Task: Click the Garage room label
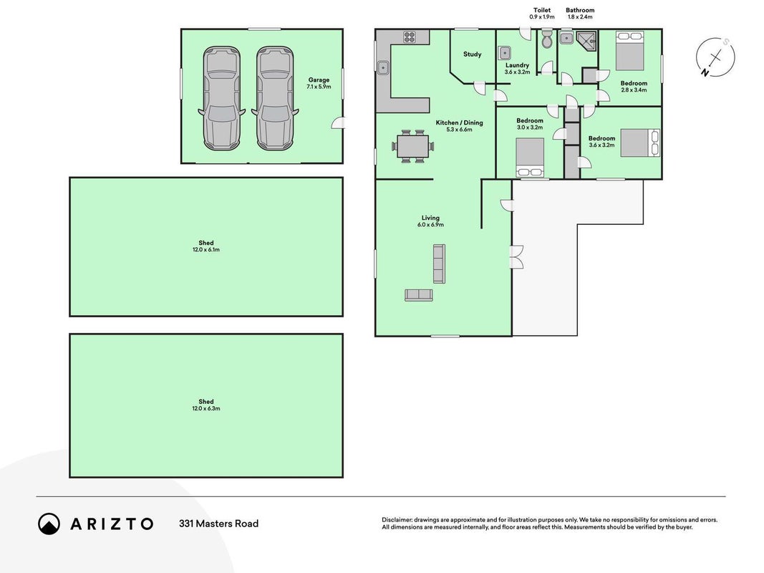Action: click(x=319, y=80)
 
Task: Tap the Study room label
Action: click(x=472, y=54)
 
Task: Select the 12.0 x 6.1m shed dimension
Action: click(x=206, y=249)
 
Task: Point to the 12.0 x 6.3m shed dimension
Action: click(x=206, y=408)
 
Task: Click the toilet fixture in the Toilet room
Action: click(x=547, y=39)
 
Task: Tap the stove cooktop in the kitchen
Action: click(x=410, y=37)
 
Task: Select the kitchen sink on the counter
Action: click(x=383, y=67)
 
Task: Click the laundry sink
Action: click(x=504, y=52)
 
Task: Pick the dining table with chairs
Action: click(x=412, y=146)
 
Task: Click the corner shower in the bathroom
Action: click(x=586, y=41)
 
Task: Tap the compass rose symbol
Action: click(x=715, y=57)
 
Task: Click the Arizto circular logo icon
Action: click(x=49, y=524)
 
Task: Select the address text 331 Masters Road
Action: click(x=219, y=524)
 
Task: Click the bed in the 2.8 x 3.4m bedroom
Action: click(x=630, y=51)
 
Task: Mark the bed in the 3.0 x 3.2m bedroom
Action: click(x=530, y=158)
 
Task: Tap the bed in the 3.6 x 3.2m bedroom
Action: click(x=640, y=143)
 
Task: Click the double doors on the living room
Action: click(x=516, y=257)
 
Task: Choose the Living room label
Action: click(x=431, y=218)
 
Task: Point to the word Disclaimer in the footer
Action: click(x=397, y=520)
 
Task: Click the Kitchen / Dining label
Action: click(x=459, y=122)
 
